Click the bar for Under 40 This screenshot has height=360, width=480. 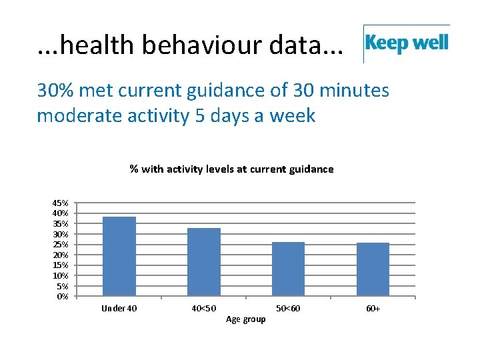[119, 257]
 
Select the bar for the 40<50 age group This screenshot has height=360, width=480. [203, 262]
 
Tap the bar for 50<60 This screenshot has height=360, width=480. [288, 269]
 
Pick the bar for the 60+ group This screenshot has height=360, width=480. [373, 269]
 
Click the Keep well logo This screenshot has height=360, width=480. [407, 44]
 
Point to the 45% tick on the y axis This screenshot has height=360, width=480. [61, 203]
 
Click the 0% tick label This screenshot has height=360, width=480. [62, 297]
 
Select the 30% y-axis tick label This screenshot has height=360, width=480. [61, 234]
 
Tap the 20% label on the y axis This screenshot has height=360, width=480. [61, 255]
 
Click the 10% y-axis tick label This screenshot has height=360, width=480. [61, 275]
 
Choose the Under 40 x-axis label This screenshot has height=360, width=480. [119, 309]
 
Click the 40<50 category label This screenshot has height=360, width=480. [203, 309]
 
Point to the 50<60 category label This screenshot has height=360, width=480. [288, 309]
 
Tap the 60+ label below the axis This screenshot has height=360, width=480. [373, 309]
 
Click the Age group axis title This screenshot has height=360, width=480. [245, 319]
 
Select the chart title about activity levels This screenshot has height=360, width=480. [231, 169]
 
